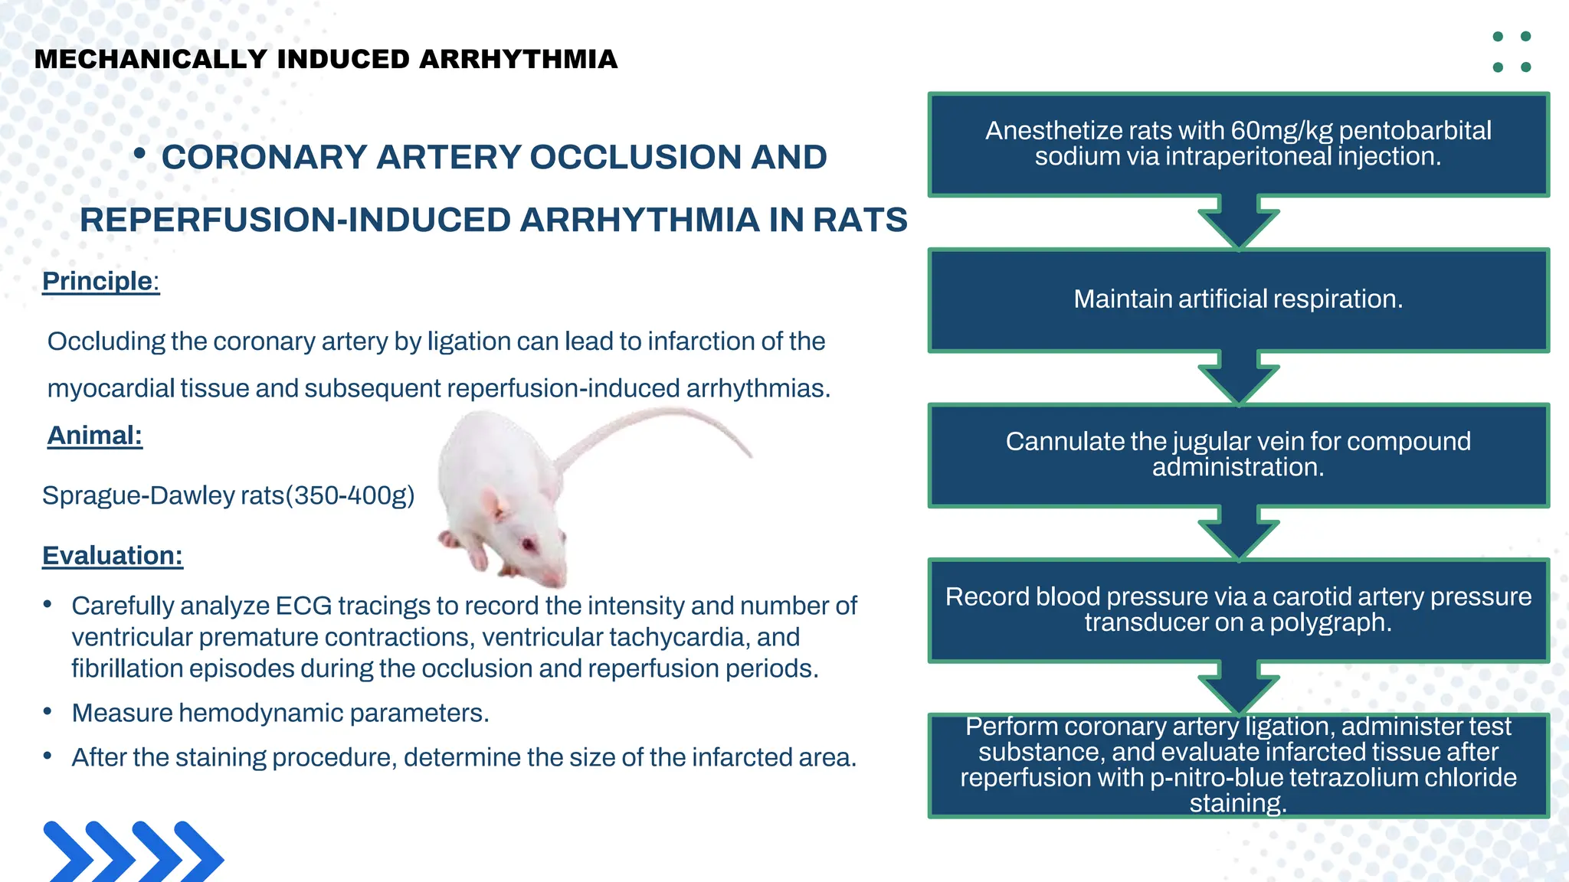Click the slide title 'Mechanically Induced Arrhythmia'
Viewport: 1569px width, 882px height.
pyautogui.click(x=326, y=59)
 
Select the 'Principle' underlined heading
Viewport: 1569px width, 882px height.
pyautogui.click(x=97, y=281)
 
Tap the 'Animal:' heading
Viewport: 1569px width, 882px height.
pyautogui.click(x=94, y=435)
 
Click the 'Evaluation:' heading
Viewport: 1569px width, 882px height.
pyautogui.click(x=113, y=555)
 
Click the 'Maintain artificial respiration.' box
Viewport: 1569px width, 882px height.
pyautogui.click(x=1238, y=299)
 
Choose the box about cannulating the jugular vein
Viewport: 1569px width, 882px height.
pyautogui.click(x=1238, y=454)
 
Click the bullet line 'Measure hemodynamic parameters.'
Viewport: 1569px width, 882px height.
pyautogui.click(x=280, y=713)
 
